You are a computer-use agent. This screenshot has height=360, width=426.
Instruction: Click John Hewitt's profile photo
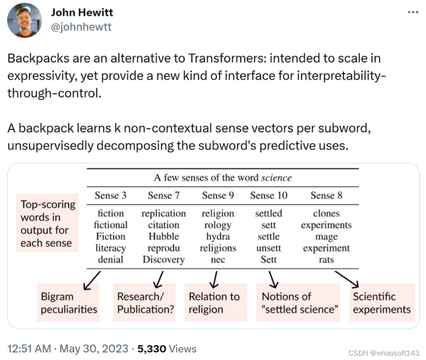coord(25,20)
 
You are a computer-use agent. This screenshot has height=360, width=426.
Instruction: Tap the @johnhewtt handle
coord(81,27)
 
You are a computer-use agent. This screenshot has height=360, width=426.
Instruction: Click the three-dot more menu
coord(414,12)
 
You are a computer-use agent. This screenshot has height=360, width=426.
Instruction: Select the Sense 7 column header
coord(163,195)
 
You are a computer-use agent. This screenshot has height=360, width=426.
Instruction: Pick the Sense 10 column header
coord(268,195)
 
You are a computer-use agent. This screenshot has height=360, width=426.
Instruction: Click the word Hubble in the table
coord(163,236)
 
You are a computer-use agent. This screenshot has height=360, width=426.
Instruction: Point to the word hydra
coord(217,236)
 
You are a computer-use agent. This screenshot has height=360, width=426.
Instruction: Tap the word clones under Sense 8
coord(326,214)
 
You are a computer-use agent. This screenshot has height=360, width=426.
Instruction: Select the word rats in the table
coord(326,259)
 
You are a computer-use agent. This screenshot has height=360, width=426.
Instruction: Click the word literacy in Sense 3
coord(110,248)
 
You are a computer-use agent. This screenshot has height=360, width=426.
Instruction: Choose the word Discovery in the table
coord(163,259)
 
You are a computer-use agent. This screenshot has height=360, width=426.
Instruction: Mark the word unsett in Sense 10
coord(268,248)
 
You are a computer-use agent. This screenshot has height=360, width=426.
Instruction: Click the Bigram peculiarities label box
coord(69,303)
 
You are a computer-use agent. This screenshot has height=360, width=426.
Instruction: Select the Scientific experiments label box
coord(382,303)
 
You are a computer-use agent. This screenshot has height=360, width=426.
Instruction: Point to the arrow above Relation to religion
coord(215,279)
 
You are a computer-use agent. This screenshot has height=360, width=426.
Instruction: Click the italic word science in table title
coord(276,178)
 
